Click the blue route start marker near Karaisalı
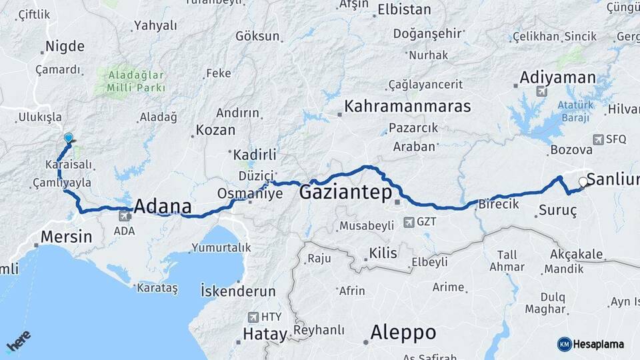coord(68,138)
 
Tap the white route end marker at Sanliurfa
coord(583,181)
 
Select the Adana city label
coord(163,206)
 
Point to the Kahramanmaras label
coord(407,107)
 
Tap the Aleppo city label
coord(403,332)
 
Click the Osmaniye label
coord(250,193)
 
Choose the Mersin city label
coord(66,236)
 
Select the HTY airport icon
coord(253,317)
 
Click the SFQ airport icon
coord(599,139)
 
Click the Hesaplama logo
coord(591,344)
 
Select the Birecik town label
coord(499,205)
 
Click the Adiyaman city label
coord(557,78)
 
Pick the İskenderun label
coord(238,291)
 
